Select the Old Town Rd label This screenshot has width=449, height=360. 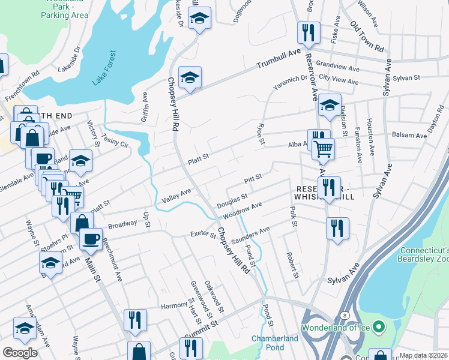tap(367, 37)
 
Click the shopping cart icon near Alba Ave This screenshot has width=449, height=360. tap(323, 148)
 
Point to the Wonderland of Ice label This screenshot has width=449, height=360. tap(336, 328)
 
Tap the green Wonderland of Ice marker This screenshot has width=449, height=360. tap(378, 328)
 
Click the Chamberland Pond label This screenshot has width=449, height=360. tap(275, 343)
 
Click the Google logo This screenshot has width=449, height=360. tap(20, 353)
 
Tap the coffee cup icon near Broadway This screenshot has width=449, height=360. tap(90, 238)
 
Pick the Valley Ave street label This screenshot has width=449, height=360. tap(176, 195)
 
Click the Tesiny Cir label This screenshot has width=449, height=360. tap(115, 141)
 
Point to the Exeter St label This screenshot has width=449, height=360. tap(202, 233)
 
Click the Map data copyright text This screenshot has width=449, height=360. tap(424, 355)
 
